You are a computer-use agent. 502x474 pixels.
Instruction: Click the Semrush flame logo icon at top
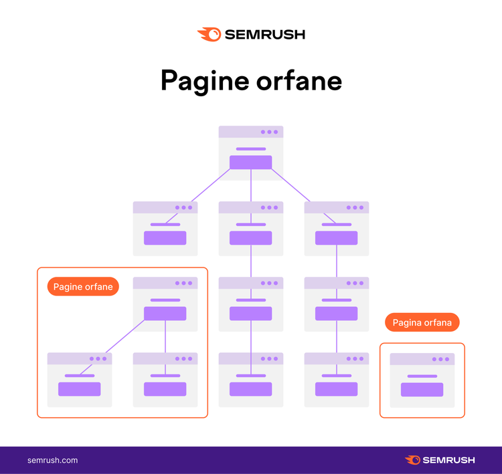(209, 35)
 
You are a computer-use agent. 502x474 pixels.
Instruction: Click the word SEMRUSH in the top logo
(265, 35)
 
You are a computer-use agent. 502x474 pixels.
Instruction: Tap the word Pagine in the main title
(205, 82)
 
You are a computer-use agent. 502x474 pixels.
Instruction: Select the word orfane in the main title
(299, 81)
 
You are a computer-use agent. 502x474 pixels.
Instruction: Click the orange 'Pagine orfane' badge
(83, 287)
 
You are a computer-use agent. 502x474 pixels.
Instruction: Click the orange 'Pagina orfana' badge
(422, 322)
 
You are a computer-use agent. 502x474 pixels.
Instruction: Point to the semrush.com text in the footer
(52, 460)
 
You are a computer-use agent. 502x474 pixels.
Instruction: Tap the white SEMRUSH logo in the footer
(440, 460)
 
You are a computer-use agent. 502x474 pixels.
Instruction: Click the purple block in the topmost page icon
(251, 162)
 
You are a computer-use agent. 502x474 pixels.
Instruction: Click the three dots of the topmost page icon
(269, 132)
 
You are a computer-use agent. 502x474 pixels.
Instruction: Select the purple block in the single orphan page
(422, 390)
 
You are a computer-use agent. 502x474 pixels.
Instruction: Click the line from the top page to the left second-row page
(210, 185)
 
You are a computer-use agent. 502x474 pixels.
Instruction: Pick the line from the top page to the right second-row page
(290, 185)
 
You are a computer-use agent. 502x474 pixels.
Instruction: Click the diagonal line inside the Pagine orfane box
(125, 336)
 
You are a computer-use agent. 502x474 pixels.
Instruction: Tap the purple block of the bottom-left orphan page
(80, 389)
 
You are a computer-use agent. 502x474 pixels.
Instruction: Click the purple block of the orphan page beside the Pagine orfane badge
(165, 314)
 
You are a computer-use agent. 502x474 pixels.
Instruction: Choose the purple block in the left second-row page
(165, 238)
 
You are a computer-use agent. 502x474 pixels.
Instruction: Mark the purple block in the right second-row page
(337, 238)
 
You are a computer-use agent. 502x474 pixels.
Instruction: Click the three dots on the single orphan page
(441, 359)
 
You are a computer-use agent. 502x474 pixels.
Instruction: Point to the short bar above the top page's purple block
(251, 149)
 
